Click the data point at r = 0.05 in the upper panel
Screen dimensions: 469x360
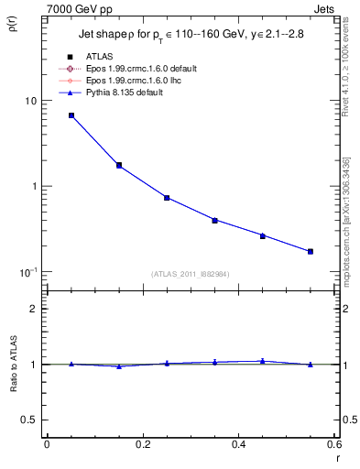(x=71, y=115)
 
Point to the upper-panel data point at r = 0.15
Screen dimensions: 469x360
(x=119, y=165)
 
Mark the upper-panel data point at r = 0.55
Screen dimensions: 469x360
(x=311, y=251)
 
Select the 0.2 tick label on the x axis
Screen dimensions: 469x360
(x=142, y=444)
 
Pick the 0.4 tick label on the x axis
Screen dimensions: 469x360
(x=238, y=444)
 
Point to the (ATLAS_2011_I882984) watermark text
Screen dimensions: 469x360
(x=190, y=274)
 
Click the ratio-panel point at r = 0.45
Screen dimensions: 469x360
(x=262, y=361)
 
